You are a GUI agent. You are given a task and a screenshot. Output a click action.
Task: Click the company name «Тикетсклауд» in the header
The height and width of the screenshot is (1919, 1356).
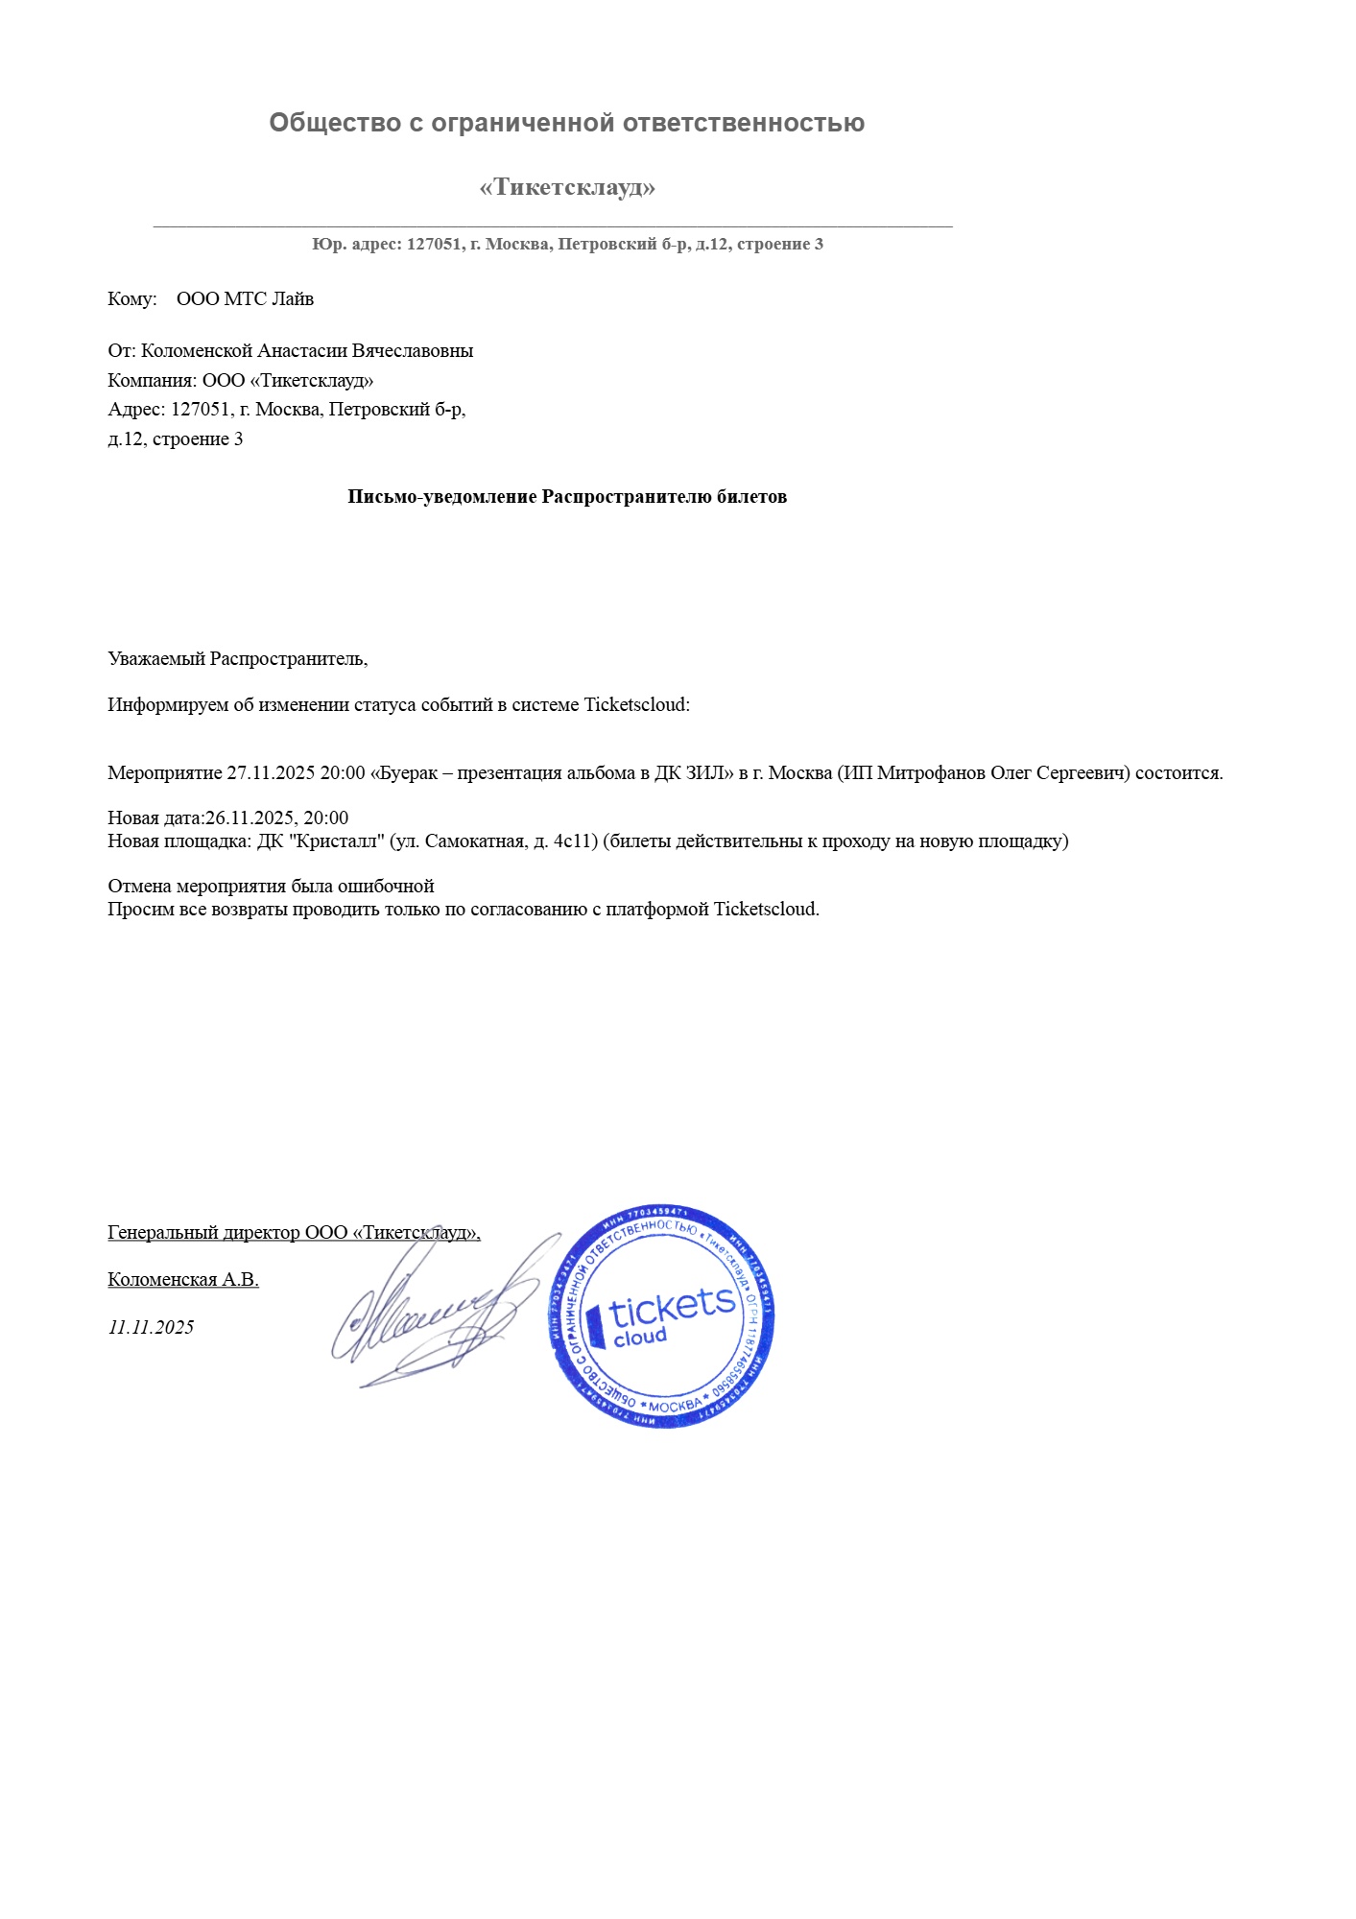click(x=567, y=187)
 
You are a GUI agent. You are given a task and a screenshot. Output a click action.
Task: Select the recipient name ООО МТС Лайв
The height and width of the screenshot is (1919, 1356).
click(x=245, y=298)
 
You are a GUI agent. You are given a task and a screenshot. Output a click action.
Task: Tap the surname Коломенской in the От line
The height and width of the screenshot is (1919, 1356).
click(x=197, y=350)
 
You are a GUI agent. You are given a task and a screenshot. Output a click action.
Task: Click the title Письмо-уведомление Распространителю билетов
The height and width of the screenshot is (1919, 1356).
click(x=567, y=496)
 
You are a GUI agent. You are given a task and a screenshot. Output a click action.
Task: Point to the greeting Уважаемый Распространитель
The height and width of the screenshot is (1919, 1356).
click(x=237, y=658)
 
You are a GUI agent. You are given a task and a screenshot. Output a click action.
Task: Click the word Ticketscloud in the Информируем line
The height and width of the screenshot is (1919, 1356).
click(x=636, y=704)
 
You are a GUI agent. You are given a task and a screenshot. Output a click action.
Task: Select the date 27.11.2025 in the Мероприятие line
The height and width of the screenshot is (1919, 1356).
click(x=271, y=772)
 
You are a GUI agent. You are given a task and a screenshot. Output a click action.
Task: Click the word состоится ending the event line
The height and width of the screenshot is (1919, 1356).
click(x=1178, y=772)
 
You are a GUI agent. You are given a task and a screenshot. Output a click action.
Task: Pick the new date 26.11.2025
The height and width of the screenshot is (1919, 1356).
click(x=249, y=817)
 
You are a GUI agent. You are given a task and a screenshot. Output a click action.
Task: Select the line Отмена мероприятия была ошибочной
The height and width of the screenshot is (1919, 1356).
click(x=271, y=886)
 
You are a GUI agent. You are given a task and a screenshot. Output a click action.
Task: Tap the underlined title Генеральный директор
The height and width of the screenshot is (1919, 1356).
click(x=203, y=1232)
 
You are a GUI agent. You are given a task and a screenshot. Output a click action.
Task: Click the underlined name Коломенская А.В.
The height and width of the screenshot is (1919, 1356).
click(x=182, y=1279)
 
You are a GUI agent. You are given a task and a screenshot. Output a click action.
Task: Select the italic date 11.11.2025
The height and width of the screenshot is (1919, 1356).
click(x=151, y=1327)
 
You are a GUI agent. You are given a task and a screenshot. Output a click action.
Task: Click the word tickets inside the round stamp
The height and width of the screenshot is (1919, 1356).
click(x=672, y=1306)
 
